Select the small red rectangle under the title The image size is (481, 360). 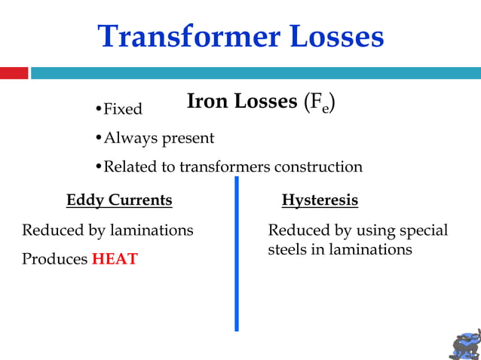pos(14,73)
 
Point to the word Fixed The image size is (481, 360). pos(122,109)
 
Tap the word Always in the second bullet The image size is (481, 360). pos(125,139)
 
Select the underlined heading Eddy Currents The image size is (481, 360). pos(119,200)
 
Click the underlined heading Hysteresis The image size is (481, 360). pos(320,200)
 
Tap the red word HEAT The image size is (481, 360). pos(115,259)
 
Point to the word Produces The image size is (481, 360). pos(54,259)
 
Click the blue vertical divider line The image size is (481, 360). pos(236,256)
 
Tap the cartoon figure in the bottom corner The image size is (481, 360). pos(464,343)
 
